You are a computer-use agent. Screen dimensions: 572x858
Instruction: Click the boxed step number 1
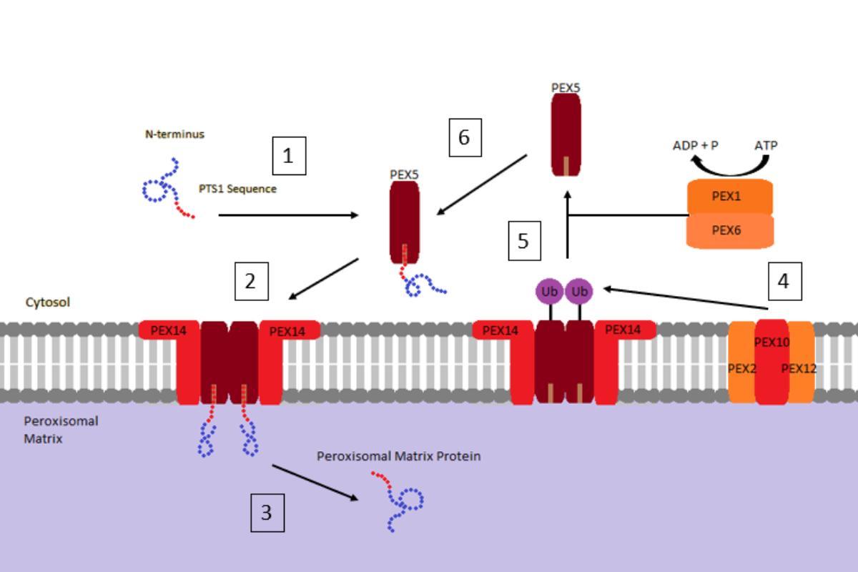point(289,156)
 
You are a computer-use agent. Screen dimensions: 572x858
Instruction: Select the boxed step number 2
point(251,281)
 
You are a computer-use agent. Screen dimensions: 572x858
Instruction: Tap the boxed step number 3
point(267,513)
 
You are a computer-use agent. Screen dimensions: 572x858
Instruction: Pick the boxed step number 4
point(784,281)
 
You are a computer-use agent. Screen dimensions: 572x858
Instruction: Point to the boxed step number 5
point(523,241)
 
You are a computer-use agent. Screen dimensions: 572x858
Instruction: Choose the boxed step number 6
point(464,137)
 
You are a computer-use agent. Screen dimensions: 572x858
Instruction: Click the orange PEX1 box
point(729,197)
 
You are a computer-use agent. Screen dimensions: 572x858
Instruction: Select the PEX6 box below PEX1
point(729,230)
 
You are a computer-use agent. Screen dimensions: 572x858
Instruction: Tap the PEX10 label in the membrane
point(771,342)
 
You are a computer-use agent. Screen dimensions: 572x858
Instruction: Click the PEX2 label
point(741,369)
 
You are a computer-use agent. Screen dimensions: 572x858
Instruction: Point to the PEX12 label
point(799,369)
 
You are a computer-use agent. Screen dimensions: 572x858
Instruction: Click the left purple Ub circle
point(550,292)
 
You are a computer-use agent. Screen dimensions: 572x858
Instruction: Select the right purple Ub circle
point(580,292)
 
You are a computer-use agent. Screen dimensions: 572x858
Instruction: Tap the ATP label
point(766,145)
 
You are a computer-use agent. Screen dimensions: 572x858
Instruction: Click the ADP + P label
point(695,145)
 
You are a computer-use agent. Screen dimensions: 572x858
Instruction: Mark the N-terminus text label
point(174,134)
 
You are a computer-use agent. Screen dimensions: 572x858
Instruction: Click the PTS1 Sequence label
point(237,189)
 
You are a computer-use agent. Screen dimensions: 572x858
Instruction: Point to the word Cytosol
point(48,302)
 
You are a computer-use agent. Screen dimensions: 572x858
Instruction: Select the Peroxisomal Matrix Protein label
point(398,456)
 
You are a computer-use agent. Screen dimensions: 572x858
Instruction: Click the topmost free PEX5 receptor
point(566,134)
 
